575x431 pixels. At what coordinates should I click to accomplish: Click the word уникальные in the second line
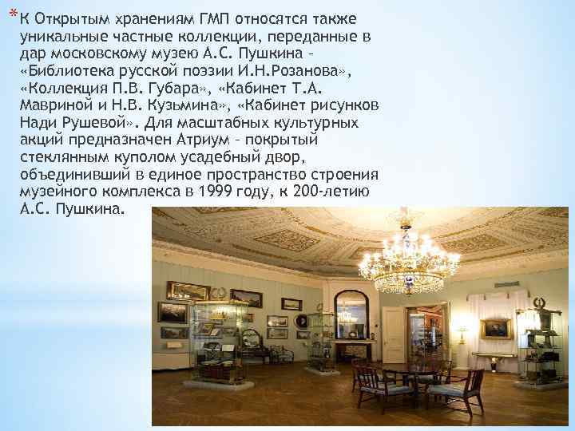(x=57, y=36)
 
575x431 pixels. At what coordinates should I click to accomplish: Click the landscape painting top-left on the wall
(x=188, y=291)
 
